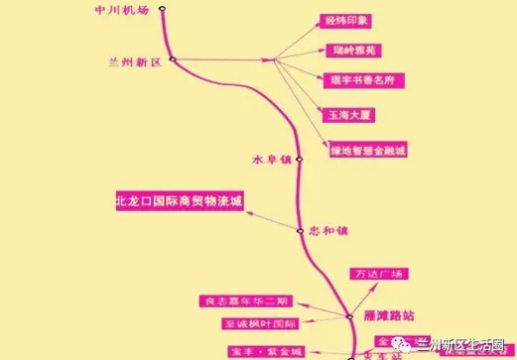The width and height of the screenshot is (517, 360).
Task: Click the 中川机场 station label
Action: (x=122, y=11)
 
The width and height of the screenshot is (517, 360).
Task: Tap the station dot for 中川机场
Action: (x=163, y=11)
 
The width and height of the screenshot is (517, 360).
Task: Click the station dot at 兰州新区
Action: (x=173, y=60)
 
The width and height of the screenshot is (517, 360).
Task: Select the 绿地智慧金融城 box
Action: (x=368, y=151)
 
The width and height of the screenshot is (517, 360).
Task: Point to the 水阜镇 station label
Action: (x=271, y=160)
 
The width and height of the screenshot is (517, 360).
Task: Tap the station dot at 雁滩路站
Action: (x=349, y=317)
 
